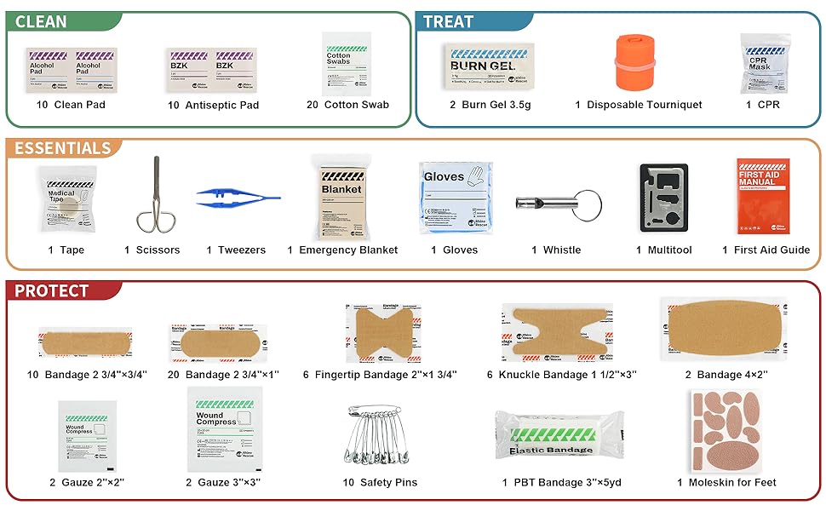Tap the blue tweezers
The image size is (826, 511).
(238, 198)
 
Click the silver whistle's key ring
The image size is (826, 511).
(586, 204)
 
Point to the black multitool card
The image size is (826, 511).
(663, 198)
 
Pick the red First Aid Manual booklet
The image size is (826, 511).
(763, 195)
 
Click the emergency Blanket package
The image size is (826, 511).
(341, 198)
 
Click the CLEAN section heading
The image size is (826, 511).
(40, 22)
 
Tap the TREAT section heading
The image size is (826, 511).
(448, 22)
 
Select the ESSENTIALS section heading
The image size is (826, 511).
(63, 148)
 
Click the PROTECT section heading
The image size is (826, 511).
(52, 290)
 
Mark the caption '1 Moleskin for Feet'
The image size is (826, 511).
(726, 483)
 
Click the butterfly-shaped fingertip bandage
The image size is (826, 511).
(384, 333)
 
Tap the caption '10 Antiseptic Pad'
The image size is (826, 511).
(213, 105)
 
